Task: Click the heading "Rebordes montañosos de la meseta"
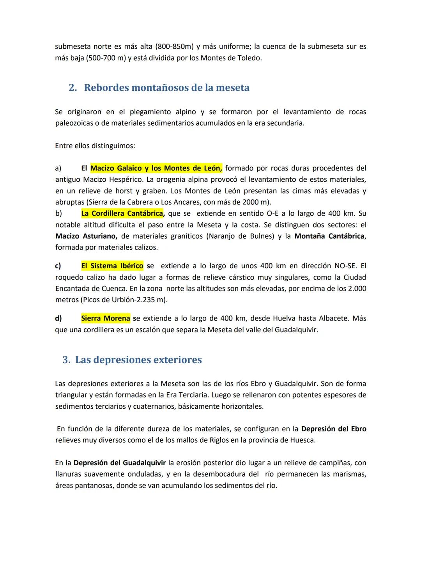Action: [166, 88]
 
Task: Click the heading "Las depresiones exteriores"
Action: [138, 360]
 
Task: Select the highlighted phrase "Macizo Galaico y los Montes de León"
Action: [156, 168]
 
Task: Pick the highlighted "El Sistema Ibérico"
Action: [112, 266]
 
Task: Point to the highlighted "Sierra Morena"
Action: [105, 318]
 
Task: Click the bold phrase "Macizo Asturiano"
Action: [86, 236]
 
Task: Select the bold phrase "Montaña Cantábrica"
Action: [329, 236]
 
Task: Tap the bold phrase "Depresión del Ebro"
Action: [334, 429]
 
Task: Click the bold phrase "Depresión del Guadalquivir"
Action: [120, 463]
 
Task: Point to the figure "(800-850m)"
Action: [174, 47]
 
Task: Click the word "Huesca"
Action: [302, 440]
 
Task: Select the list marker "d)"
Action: [58, 318]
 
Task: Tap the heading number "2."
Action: [73, 88]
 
